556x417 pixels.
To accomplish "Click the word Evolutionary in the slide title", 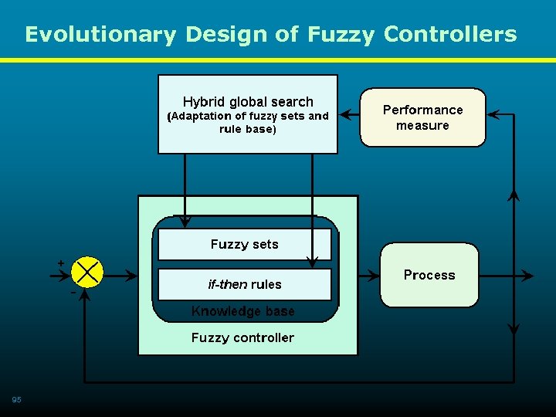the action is click(x=100, y=35).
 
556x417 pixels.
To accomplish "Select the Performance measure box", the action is click(x=422, y=117).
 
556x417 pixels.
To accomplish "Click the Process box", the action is click(x=429, y=275).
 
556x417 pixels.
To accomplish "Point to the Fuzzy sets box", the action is click(x=244, y=245).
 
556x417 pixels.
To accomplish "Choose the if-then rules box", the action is click(x=244, y=284).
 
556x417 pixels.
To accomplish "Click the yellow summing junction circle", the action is click(x=86, y=272).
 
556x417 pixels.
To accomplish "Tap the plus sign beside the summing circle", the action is click(x=61, y=263).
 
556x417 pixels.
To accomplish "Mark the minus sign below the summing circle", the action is click(x=73, y=293).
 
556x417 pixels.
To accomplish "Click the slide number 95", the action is click(x=16, y=399).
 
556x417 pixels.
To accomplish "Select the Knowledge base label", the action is click(x=242, y=311).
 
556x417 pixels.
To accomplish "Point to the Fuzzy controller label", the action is click(x=242, y=337).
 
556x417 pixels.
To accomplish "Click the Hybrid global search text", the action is click(x=248, y=102).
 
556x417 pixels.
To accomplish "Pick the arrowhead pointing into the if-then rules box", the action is click(x=312, y=261).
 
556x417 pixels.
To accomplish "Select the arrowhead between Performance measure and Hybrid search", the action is click(x=346, y=115).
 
